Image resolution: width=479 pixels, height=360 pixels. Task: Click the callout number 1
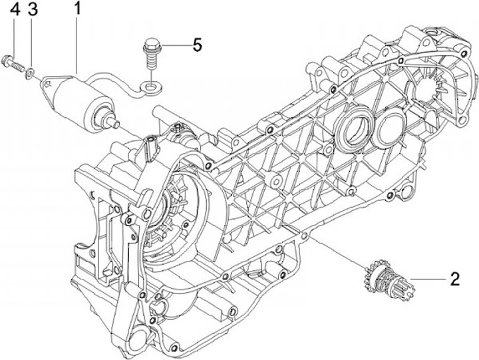click(78, 9)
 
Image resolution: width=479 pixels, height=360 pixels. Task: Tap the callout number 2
click(455, 279)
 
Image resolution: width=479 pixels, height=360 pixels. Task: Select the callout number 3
click(32, 10)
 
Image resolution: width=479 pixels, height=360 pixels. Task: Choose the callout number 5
click(197, 45)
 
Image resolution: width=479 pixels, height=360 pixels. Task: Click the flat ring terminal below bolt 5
click(151, 87)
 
